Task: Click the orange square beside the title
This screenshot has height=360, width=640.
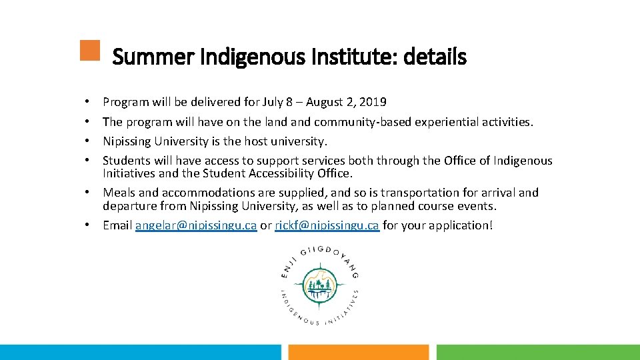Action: pos(89,51)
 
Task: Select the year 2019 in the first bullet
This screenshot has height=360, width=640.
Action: pos(373,102)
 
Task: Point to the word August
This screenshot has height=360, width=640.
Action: pos(325,102)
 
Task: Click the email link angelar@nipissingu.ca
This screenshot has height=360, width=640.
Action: pos(196,225)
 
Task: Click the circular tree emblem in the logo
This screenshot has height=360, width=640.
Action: pos(319,286)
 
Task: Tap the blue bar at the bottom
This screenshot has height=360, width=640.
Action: pos(141,352)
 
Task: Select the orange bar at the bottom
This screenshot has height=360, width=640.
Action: pos(359,352)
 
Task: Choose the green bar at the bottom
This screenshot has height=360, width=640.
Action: pos(537,352)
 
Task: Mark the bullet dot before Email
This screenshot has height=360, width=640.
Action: pos(87,225)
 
